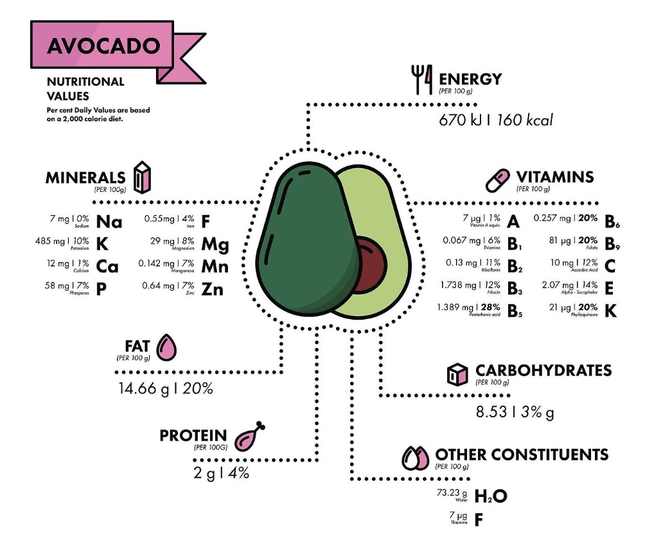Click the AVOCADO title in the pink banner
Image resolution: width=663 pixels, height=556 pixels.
pyautogui.click(x=103, y=46)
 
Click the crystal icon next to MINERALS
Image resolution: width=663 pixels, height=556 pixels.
pyautogui.click(x=141, y=176)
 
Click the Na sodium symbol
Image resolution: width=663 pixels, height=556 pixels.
pyautogui.click(x=109, y=222)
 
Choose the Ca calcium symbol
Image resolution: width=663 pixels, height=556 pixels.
pyautogui.click(x=107, y=266)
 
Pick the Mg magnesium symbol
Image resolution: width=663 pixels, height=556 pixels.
pyautogui.click(x=215, y=245)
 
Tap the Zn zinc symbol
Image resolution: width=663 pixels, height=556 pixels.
pyautogui.click(x=212, y=290)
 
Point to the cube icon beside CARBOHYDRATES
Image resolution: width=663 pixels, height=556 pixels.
pyautogui.click(x=456, y=374)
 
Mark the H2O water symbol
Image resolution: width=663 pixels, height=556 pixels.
pyautogui.click(x=491, y=496)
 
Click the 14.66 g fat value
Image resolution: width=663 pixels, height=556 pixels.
pyautogui.click(x=141, y=388)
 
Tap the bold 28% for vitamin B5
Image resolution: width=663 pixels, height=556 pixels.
pyautogui.click(x=490, y=308)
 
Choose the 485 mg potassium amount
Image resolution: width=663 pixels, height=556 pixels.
pyautogui.click(x=49, y=241)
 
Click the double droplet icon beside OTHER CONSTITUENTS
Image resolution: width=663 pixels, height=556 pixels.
pyautogui.click(x=415, y=458)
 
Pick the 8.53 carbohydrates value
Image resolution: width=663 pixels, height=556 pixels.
pyautogui.click(x=491, y=412)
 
